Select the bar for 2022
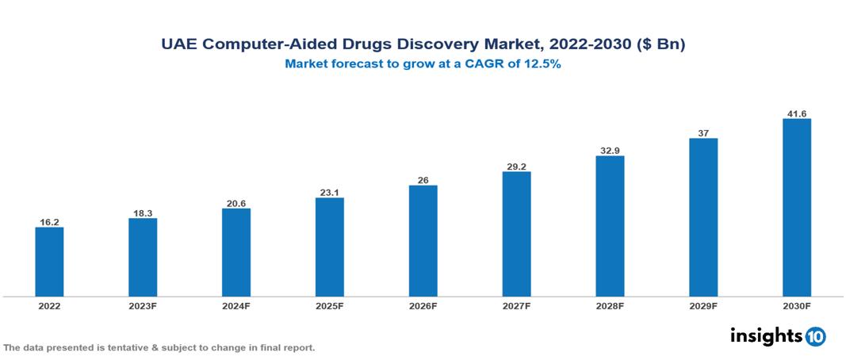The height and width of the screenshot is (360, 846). (x=49, y=262)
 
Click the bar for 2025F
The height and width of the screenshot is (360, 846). (x=329, y=247)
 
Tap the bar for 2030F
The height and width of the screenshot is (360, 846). (x=796, y=208)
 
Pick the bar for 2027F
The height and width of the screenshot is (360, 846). (x=516, y=234)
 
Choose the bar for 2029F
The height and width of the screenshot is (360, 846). (x=702, y=217)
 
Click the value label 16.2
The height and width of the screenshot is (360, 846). (x=49, y=222)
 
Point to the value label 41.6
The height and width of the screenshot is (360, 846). (x=796, y=114)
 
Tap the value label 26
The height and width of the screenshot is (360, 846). (x=423, y=180)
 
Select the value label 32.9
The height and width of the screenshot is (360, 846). (x=610, y=150)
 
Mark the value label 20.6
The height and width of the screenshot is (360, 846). (x=236, y=204)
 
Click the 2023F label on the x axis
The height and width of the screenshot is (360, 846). (x=143, y=306)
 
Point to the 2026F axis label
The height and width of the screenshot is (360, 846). (x=423, y=306)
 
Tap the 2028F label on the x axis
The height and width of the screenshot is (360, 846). (x=610, y=306)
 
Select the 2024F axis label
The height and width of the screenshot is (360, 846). (x=236, y=306)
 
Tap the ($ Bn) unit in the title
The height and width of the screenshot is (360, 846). (x=660, y=45)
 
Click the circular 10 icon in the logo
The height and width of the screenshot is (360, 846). (x=815, y=336)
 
